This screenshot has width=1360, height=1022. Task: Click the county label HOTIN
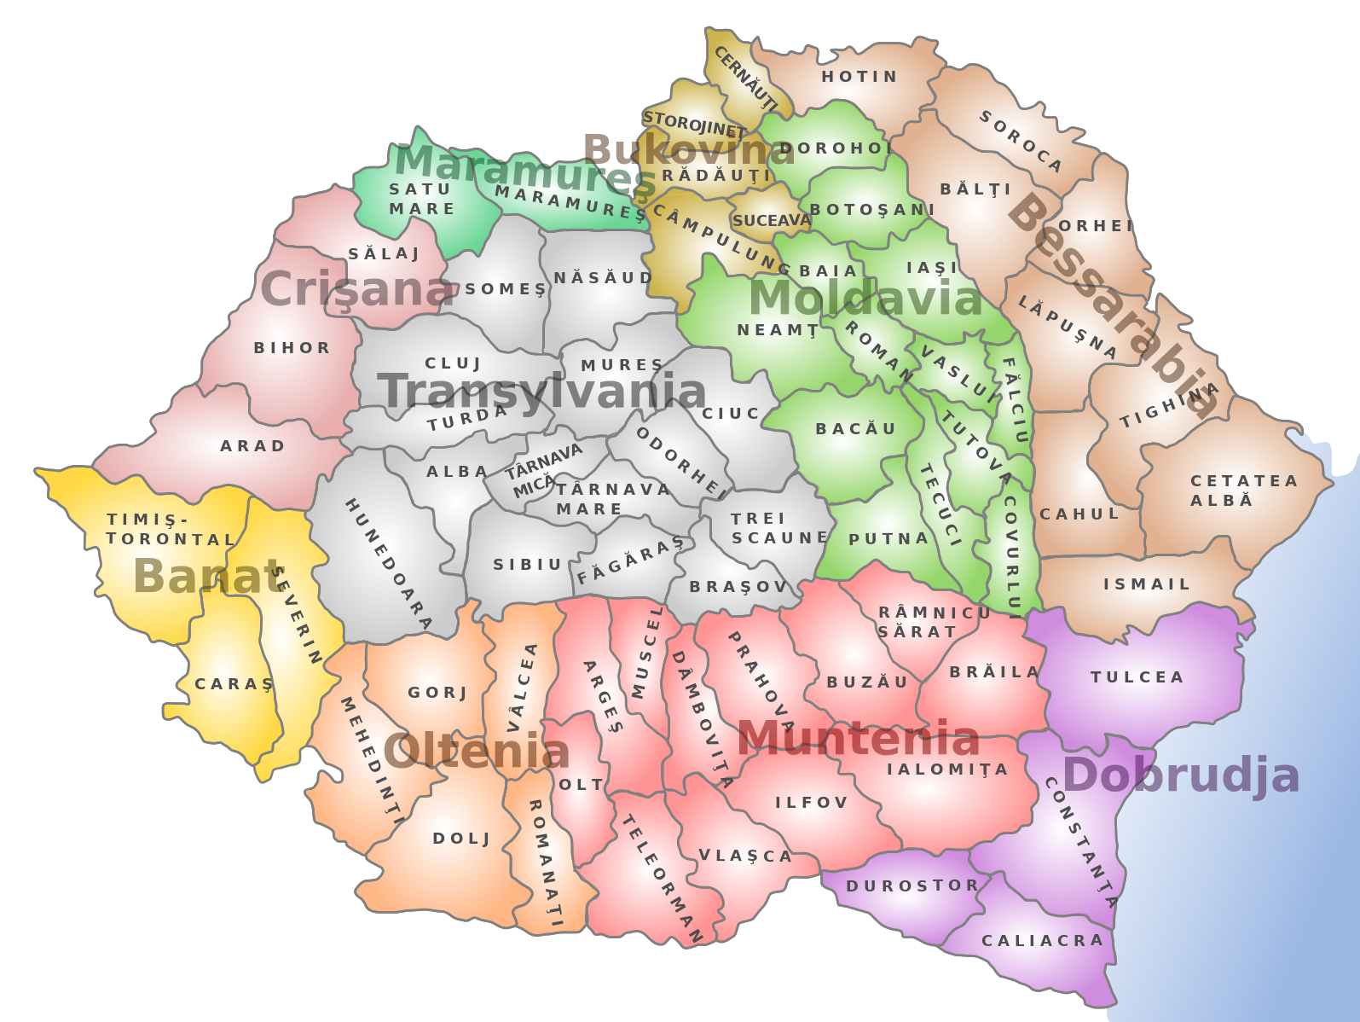pyautogui.click(x=859, y=77)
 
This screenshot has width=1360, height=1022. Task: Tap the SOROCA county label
pyautogui.click(x=1020, y=141)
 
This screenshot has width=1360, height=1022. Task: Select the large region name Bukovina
pyautogui.click(x=689, y=150)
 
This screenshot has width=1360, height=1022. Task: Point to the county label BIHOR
pyautogui.click(x=292, y=348)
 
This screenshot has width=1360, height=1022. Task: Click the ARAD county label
pyautogui.click(x=252, y=446)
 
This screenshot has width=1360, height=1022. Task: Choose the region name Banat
pyautogui.click(x=208, y=577)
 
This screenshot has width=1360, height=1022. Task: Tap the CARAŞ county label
pyautogui.click(x=234, y=684)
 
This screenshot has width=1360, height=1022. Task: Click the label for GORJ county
pyautogui.click(x=437, y=693)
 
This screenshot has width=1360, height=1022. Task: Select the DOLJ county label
pyautogui.click(x=461, y=839)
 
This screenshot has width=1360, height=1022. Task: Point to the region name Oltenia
pyautogui.click(x=476, y=752)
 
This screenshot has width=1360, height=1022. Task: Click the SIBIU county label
pyautogui.click(x=528, y=565)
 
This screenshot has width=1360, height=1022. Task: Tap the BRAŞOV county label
pyautogui.click(x=738, y=587)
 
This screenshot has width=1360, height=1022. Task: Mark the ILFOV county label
pyautogui.click(x=811, y=803)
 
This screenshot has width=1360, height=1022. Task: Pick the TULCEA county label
pyautogui.click(x=1137, y=677)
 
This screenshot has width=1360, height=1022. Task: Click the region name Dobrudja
pyautogui.click(x=1181, y=776)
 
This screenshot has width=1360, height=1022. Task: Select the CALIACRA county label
pyautogui.click(x=1042, y=941)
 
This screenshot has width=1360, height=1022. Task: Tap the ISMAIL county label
pyautogui.click(x=1146, y=584)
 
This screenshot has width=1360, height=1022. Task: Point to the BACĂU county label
pyautogui.click(x=855, y=429)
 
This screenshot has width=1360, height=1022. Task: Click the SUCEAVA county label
pyautogui.click(x=771, y=221)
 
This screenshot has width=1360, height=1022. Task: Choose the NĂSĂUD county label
pyautogui.click(x=603, y=278)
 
